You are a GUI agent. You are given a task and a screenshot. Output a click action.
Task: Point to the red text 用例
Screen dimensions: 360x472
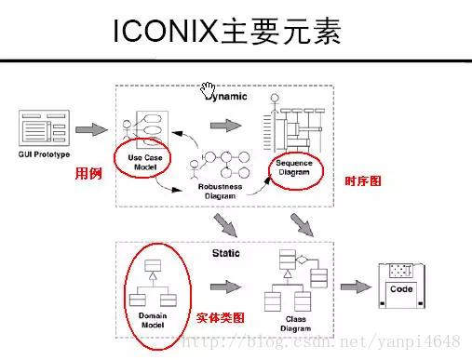87,174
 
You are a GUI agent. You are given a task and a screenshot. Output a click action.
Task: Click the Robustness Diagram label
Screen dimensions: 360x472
221,192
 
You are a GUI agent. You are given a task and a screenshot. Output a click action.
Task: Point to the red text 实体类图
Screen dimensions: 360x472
221,318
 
